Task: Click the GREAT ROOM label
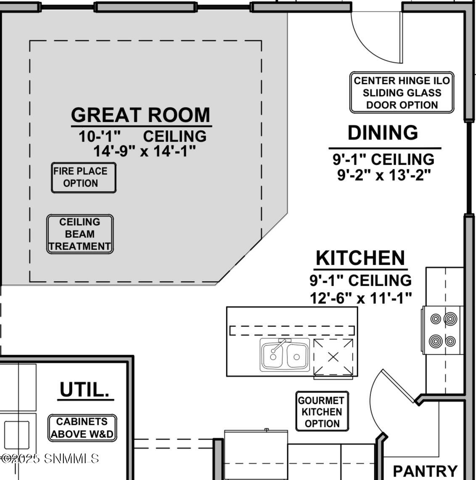click(140, 115)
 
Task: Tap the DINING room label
click(383, 132)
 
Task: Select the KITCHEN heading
click(360, 258)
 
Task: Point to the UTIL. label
click(85, 389)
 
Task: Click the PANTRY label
click(425, 471)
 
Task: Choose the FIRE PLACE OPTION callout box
click(84, 177)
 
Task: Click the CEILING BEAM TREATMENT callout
click(80, 234)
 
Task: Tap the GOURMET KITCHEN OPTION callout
click(322, 411)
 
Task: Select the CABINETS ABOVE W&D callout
click(82, 428)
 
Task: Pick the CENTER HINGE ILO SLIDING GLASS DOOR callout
click(402, 92)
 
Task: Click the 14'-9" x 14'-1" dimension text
click(144, 151)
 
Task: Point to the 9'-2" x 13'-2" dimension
click(384, 175)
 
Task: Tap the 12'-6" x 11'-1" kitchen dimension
click(360, 298)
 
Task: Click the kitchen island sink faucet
click(278, 346)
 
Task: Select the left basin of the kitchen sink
click(272, 356)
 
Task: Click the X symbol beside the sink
click(333, 357)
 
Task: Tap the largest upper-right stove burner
click(450, 319)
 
